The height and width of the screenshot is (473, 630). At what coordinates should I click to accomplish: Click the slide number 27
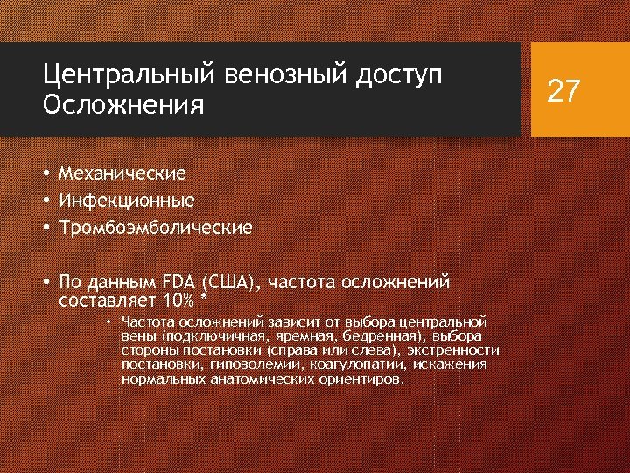[563, 90]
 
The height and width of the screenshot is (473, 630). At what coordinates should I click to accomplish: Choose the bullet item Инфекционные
[126, 201]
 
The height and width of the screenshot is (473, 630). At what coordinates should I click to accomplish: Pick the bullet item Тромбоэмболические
[155, 228]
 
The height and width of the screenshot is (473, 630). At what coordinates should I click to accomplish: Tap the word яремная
[298, 335]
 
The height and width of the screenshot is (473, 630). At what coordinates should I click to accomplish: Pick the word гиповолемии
[241, 364]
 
